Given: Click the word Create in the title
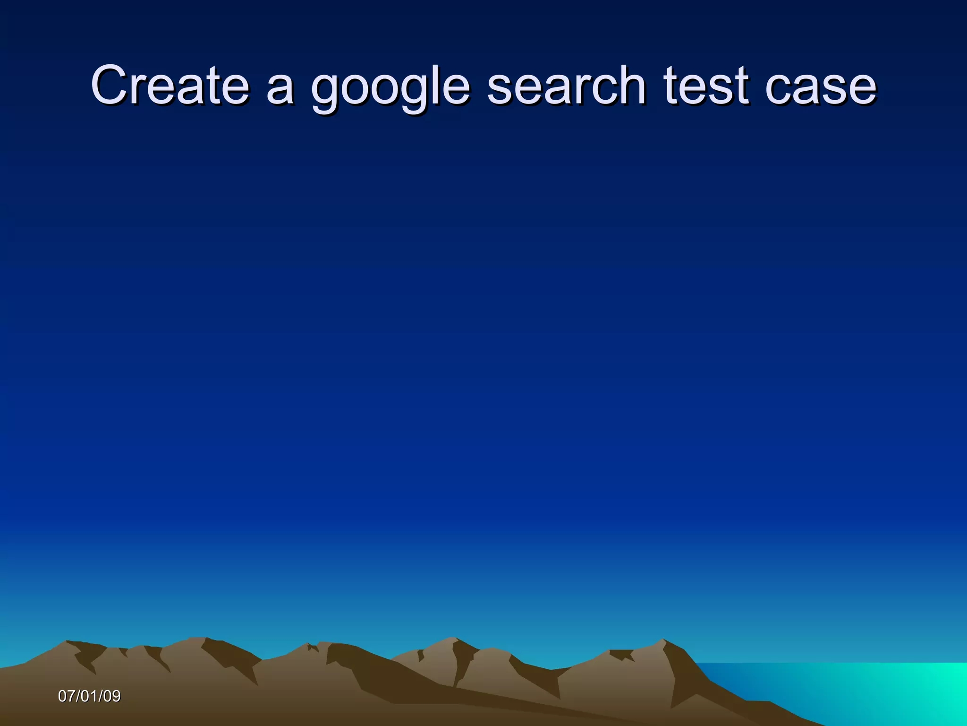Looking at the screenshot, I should pyautogui.click(x=170, y=85).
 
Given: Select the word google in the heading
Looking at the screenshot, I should pyautogui.click(x=390, y=87).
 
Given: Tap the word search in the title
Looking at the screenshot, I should pyautogui.click(x=566, y=85).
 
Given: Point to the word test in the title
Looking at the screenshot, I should pyautogui.click(x=706, y=85).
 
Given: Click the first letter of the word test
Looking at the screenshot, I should pyautogui.click(x=670, y=85).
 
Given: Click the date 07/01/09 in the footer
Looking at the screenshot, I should pyautogui.click(x=89, y=696).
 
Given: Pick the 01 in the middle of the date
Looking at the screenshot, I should pyautogui.click(x=89, y=696).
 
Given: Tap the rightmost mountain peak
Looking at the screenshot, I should pyautogui.click(x=663, y=641).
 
